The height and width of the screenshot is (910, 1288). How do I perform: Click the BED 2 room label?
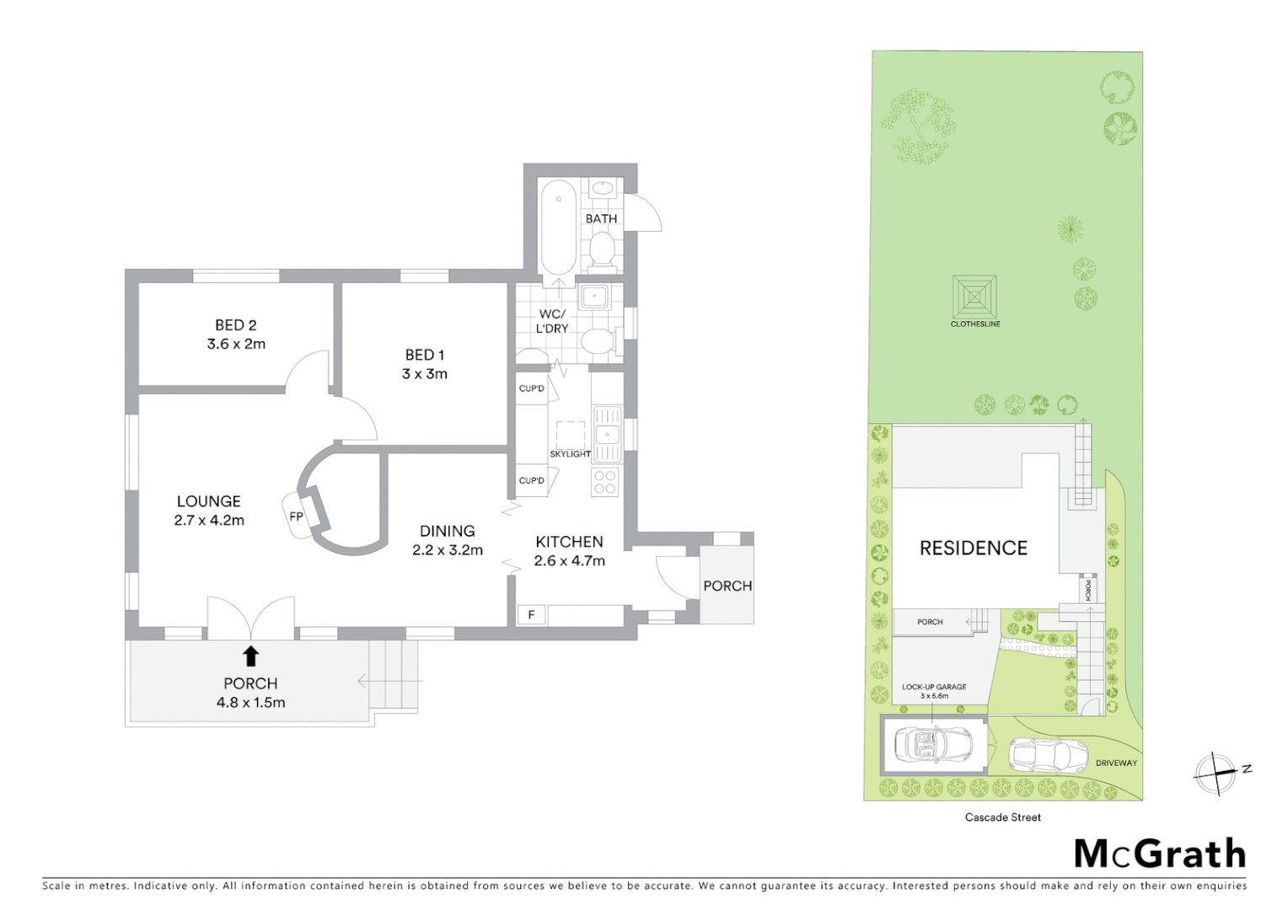235,325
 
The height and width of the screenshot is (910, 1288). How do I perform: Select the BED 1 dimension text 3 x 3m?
424,374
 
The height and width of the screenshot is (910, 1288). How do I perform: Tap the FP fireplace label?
296,517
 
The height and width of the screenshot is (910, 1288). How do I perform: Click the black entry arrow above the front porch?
250,656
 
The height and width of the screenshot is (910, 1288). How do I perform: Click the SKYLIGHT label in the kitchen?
570,454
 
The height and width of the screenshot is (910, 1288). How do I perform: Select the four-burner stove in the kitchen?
605,482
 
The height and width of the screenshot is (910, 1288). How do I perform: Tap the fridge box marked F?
531,615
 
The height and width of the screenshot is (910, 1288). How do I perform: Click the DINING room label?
447,531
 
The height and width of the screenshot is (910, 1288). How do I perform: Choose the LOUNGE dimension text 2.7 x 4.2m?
209,521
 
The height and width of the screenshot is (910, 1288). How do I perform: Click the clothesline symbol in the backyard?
975,297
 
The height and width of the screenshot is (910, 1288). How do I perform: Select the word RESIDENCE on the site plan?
973,549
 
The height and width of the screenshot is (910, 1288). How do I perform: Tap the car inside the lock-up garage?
933,744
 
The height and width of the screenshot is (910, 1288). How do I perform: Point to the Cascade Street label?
1002,817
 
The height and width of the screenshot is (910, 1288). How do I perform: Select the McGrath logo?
1160,854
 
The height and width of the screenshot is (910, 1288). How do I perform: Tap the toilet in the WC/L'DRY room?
599,341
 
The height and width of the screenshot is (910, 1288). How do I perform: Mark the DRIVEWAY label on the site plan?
1116,763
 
